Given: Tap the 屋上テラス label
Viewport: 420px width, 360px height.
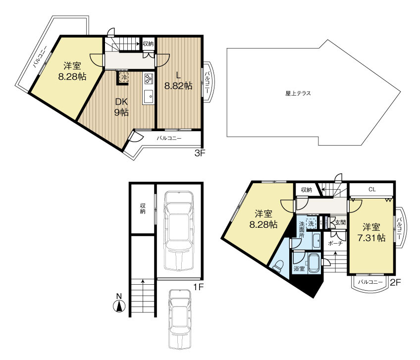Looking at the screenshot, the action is click(298, 94).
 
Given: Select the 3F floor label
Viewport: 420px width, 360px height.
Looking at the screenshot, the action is click(200, 154).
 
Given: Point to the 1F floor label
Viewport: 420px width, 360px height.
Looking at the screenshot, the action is click(199, 287).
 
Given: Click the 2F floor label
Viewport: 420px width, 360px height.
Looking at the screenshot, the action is click(395, 282).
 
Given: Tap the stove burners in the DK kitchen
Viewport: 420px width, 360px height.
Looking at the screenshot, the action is click(148, 78).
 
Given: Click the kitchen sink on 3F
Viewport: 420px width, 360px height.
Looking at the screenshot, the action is click(148, 97).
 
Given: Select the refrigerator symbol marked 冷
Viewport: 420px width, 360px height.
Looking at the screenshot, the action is click(124, 78).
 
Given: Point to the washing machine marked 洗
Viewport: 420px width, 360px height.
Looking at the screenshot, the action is click(311, 223).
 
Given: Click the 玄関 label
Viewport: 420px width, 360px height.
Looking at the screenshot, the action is click(340, 222).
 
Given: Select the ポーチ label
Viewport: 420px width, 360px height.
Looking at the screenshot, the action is click(335, 244).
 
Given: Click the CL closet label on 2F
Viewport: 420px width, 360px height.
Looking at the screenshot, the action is click(372, 189).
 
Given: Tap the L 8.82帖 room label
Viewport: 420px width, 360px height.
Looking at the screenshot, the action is click(178, 81).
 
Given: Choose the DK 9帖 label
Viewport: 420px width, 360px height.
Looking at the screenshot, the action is click(121, 107).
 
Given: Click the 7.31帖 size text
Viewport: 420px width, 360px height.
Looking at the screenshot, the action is click(371, 238).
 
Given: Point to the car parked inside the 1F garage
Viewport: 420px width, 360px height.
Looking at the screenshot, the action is click(179, 231).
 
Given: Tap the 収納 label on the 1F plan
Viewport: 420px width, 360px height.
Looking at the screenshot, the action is click(143, 208).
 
